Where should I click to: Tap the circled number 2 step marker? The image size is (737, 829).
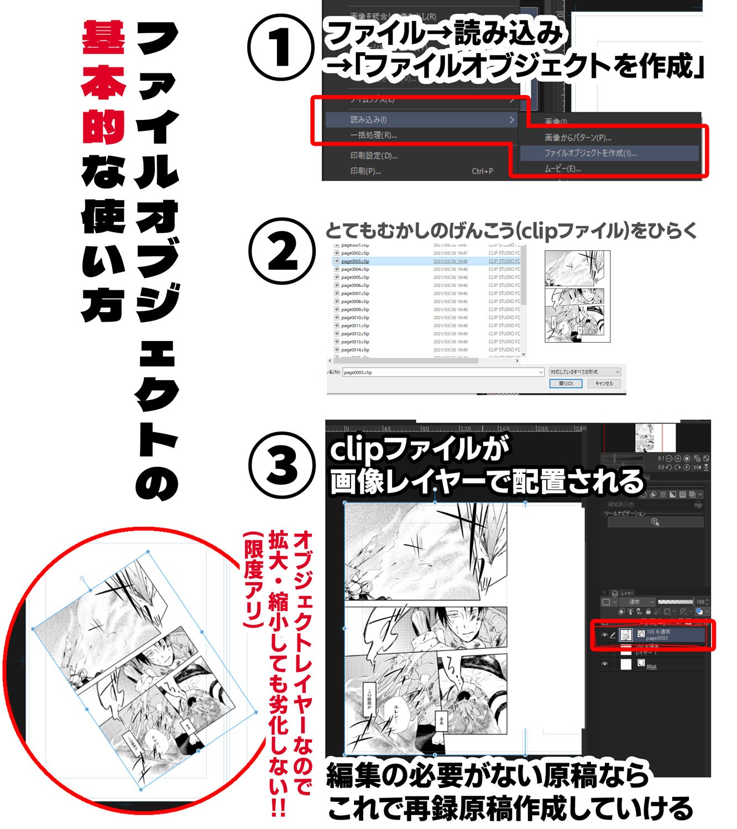point(280,251)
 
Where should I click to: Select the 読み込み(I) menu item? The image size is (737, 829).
point(368,119)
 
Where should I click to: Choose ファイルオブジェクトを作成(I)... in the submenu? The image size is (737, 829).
point(590,153)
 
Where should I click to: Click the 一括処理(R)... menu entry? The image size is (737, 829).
point(373,135)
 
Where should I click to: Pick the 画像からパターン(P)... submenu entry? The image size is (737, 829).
point(578,138)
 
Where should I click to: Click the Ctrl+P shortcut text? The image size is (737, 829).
point(482,171)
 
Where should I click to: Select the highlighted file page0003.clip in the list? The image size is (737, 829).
point(355,261)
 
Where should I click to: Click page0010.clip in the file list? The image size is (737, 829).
point(355,318)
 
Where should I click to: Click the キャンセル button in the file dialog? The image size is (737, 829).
point(604,384)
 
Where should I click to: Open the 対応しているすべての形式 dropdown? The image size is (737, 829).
point(585,372)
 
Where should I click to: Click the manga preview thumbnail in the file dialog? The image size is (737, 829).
point(577,296)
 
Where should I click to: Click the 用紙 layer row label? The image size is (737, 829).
point(651,667)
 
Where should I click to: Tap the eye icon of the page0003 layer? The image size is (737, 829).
point(604,635)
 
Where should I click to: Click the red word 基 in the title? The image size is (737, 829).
point(103,38)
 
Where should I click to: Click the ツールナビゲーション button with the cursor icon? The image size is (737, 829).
point(655,522)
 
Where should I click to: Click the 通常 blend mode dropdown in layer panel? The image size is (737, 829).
point(637,602)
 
